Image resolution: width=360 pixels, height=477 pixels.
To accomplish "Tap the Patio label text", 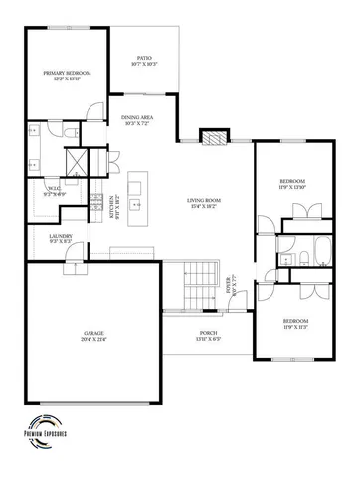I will click(143, 62).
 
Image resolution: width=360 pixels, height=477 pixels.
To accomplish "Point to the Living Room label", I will click(203, 203).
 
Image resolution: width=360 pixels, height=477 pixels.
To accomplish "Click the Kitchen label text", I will click(113, 206).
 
